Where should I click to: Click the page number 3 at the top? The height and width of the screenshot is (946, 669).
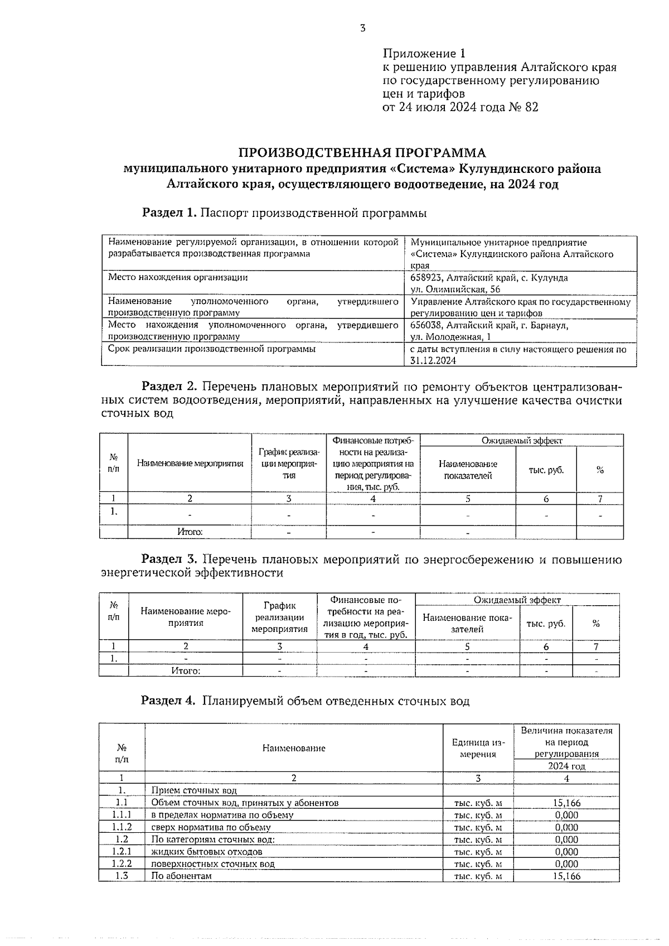(x=362, y=28)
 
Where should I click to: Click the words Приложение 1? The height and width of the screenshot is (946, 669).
(x=423, y=54)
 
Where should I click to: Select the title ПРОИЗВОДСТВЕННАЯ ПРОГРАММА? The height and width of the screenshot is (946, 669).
(x=362, y=153)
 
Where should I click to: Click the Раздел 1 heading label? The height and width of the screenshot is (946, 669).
(x=169, y=213)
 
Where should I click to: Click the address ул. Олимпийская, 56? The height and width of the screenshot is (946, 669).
(x=455, y=289)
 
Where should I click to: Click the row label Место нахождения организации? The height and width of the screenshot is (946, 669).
(x=178, y=277)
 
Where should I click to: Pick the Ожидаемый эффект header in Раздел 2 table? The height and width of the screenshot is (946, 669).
(x=521, y=441)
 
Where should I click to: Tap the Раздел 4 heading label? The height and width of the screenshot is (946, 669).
(x=168, y=701)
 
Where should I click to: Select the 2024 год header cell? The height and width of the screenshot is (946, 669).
(x=566, y=766)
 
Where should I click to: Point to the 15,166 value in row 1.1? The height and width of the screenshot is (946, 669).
(x=566, y=803)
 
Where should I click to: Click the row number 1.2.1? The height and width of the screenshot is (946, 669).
(x=122, y=852)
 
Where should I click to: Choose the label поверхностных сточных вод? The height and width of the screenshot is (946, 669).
(x=213, y=864)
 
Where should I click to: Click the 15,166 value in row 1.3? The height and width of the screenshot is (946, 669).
(x=566, y=876)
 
